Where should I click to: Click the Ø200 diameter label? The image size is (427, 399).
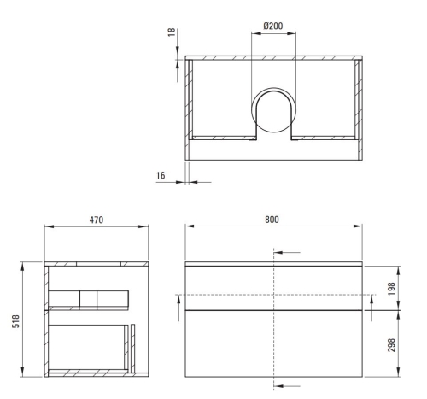click(273, 26)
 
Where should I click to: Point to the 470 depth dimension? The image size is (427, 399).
click(97, 220)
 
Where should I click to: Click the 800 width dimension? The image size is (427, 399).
click(272, 220)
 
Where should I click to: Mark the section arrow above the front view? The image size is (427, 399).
click(289, 253)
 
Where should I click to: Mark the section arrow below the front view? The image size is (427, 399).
click(289, 385)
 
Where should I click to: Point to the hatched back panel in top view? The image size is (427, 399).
click(273, 59)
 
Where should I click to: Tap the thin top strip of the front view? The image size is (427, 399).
click(273, 263)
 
